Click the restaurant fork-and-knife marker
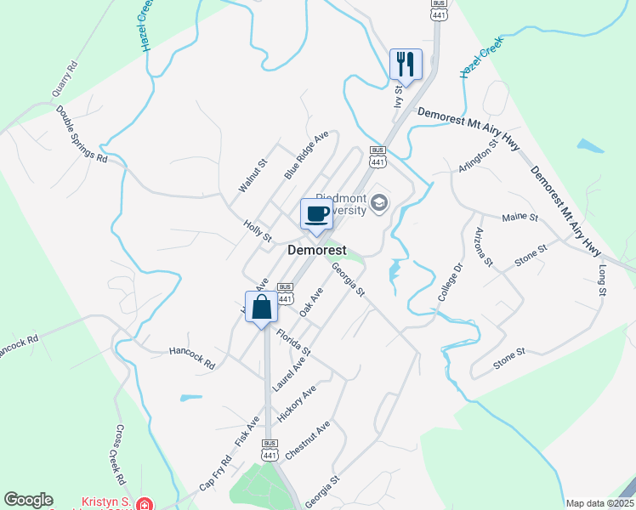[x=406, y=65]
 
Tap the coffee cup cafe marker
[x=316, y=214]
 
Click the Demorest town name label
[x=317, y=251]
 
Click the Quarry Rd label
[x=65, y=77]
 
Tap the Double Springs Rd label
[x=82, y=134]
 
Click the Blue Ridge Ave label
[x=306, y=155]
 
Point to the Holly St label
[x=257, y=230]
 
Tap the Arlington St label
[x=478, y=155]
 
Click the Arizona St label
[x=484, y=246]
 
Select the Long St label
[x=602, y=281]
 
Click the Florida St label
[x=293, y=339]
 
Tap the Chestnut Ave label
[x=307, y=440]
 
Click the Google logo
[x=29, y=500]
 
